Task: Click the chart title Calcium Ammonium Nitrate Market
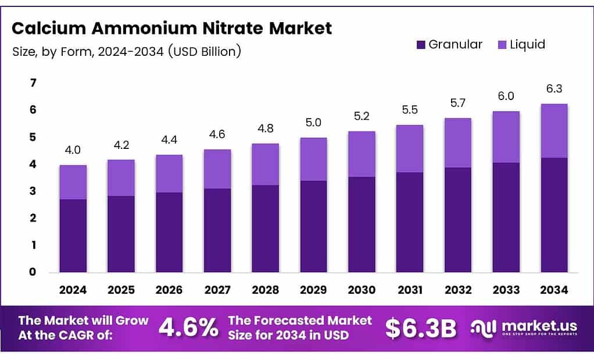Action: pyautogui.click(x=171, y=28)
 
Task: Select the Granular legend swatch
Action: pyautogui.click(x=421, y=45)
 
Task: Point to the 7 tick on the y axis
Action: pyautogui.click(x=34, y=83)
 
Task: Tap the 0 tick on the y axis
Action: pyautogui.click(x=34, y=272)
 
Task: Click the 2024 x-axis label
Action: pyautogui.click(x=73, y=290)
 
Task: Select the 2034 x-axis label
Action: pyautogui.click(x=553, y=290)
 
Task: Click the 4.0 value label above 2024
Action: pyautogui.click(x=73, y=150)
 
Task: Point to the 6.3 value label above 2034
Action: pyautogui.click(x=553, y=89)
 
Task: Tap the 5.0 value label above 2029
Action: pyautogui.click(x=313, y=123)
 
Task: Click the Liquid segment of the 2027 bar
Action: pyautogui.click(x=217, y=169)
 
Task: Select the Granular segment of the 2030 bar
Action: pyautogui.click(x=361, y=224)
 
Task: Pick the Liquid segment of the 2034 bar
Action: pyautogui.click(x=553, y=130)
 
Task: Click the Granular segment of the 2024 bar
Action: pyautogui.click(x=73, y=236)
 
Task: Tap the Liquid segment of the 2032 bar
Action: pyautogui.click(x=457, y=142)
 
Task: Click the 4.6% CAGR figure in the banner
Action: pyautogui.click(x=188, y=329)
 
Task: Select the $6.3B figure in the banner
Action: pyautogui.click(x=421, y=329)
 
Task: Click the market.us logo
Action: pyautogui.click(x=523, y=329)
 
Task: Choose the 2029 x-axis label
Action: pyautogui.click(x=313, y=290)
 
